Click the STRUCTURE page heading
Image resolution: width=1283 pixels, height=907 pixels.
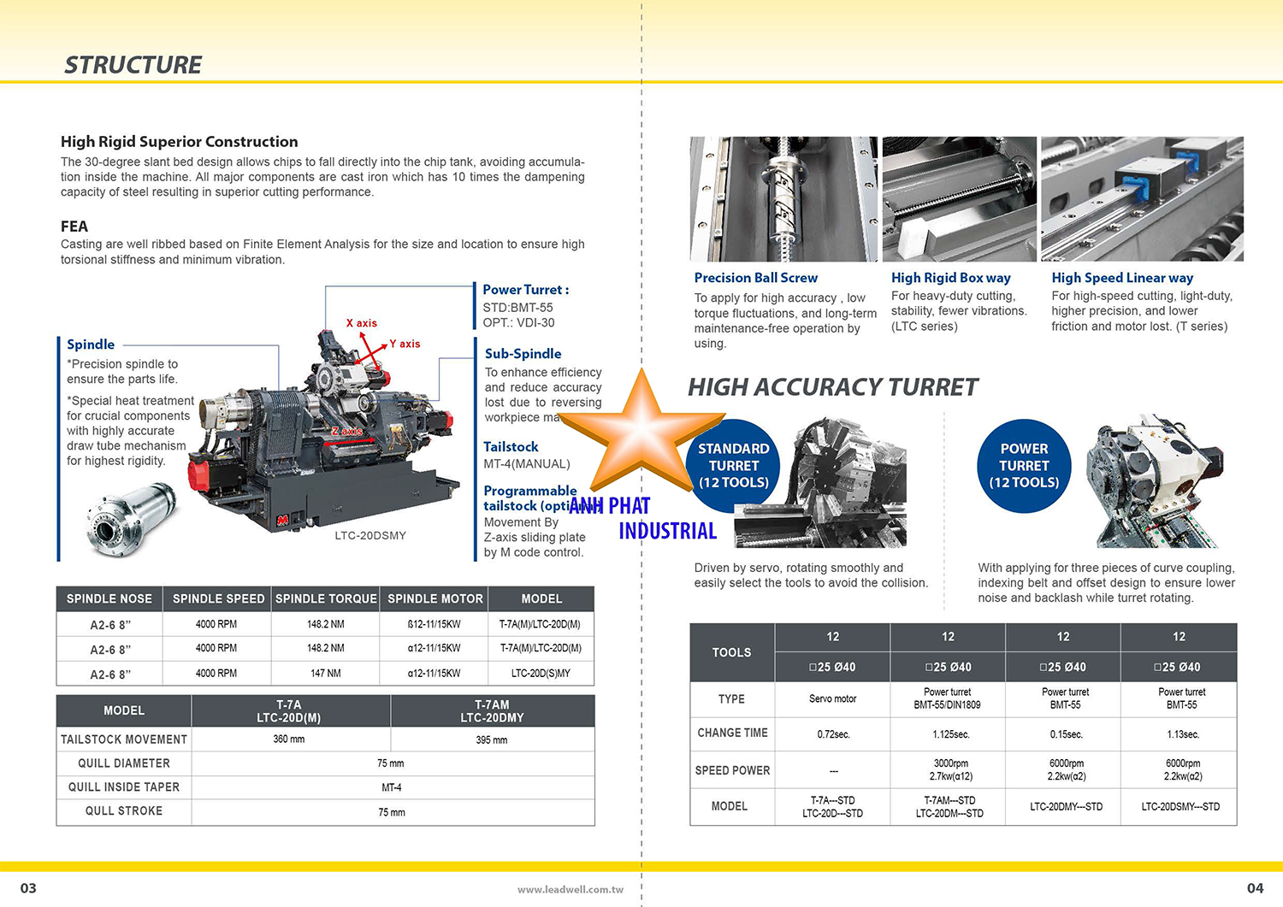[133, 65]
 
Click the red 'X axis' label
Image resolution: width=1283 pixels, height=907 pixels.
[361, 323]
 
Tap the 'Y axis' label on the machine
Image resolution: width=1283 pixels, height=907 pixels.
[405, 344]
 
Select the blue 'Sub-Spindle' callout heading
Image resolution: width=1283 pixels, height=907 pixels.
[523, 354]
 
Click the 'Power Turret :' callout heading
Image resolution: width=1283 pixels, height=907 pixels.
[525, 290]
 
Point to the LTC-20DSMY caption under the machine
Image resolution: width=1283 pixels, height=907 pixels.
[370, 536]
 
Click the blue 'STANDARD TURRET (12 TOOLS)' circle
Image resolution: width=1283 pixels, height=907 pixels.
[733, 466]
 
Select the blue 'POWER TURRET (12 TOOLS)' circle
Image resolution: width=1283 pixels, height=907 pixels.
[1024, 466]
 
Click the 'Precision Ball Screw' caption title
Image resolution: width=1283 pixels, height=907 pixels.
[755, 278]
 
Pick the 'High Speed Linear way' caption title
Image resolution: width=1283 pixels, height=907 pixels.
[1121, 278]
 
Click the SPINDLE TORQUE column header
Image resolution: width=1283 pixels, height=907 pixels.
[325, 599]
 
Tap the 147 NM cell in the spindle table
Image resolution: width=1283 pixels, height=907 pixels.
[325, 674]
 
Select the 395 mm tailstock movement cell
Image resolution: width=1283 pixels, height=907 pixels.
[492, 740]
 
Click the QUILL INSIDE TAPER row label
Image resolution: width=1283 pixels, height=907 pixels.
[124, 787]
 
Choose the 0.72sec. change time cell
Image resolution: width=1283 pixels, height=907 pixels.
[833, 734]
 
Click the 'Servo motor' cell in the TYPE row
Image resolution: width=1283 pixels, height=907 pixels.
[832, 699]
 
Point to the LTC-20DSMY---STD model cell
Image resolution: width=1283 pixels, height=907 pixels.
[1180, 807]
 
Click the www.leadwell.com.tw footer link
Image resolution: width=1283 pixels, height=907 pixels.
[570, 890]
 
